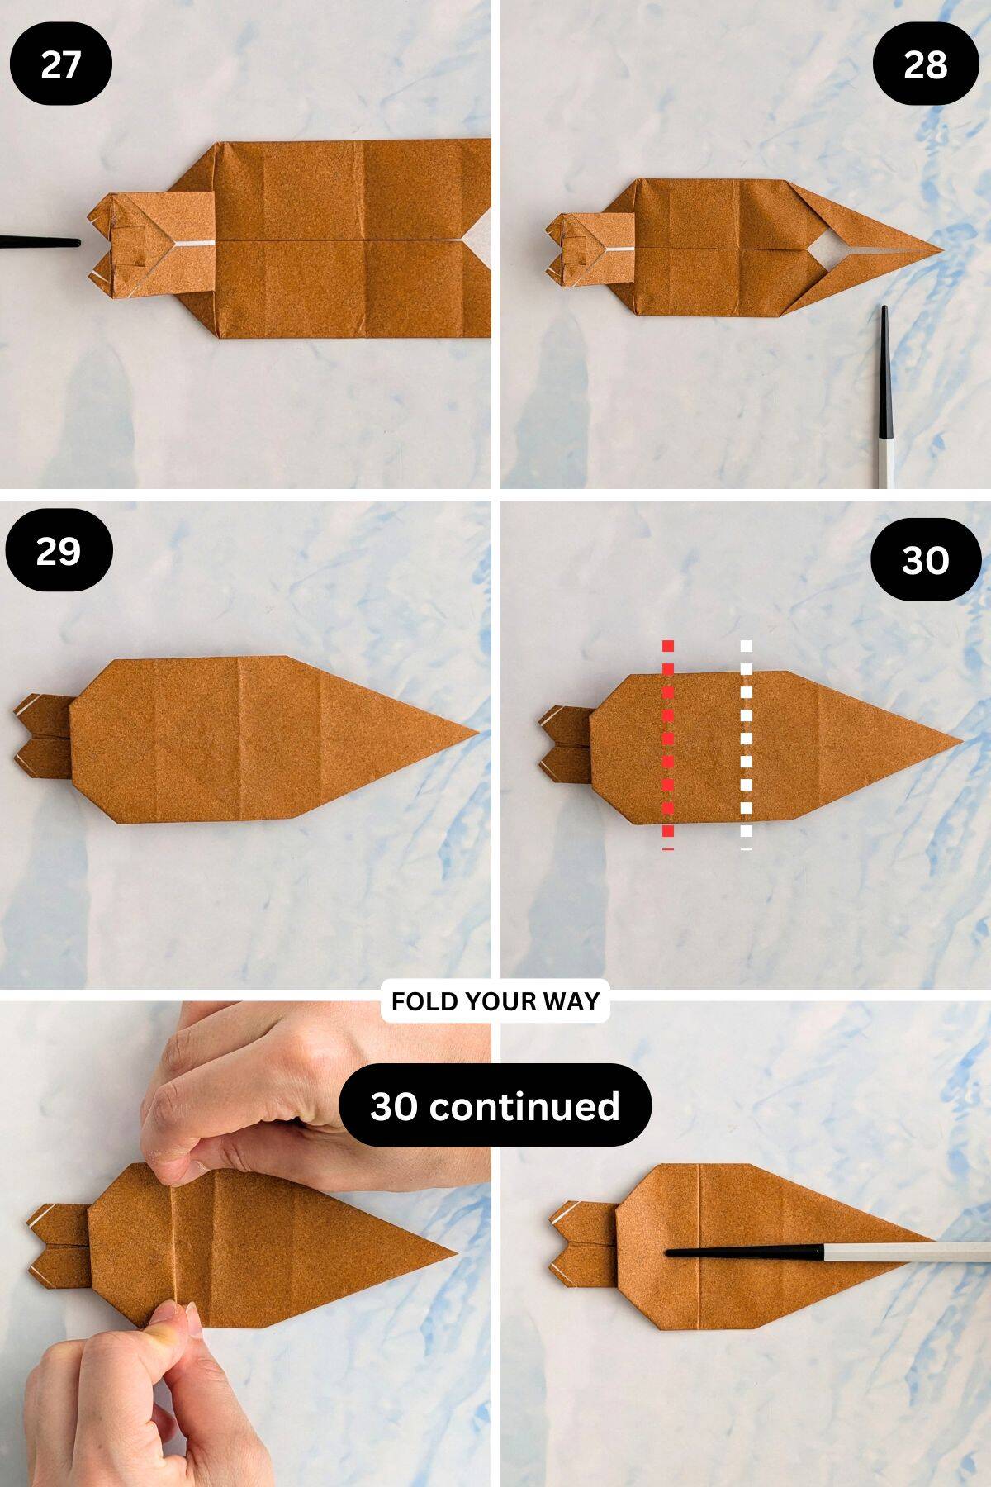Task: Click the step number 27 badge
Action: point(60,64)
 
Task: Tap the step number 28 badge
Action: point(925,64)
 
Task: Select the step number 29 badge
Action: point(59,550)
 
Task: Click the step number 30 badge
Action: point(925,559)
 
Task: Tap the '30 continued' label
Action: point(495,1105)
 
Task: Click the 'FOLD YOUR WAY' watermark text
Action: point(495,1001)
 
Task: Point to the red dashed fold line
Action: point(667,743)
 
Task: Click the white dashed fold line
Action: point(746,743)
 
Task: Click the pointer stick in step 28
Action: point(884,397)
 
